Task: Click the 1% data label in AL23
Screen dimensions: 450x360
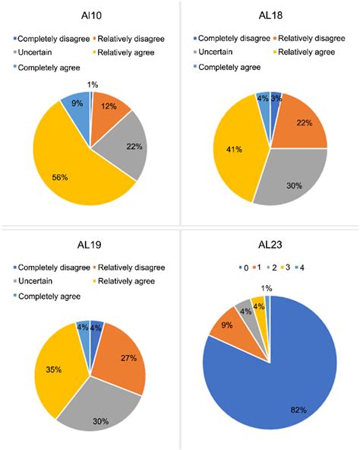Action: pos(265,287)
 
